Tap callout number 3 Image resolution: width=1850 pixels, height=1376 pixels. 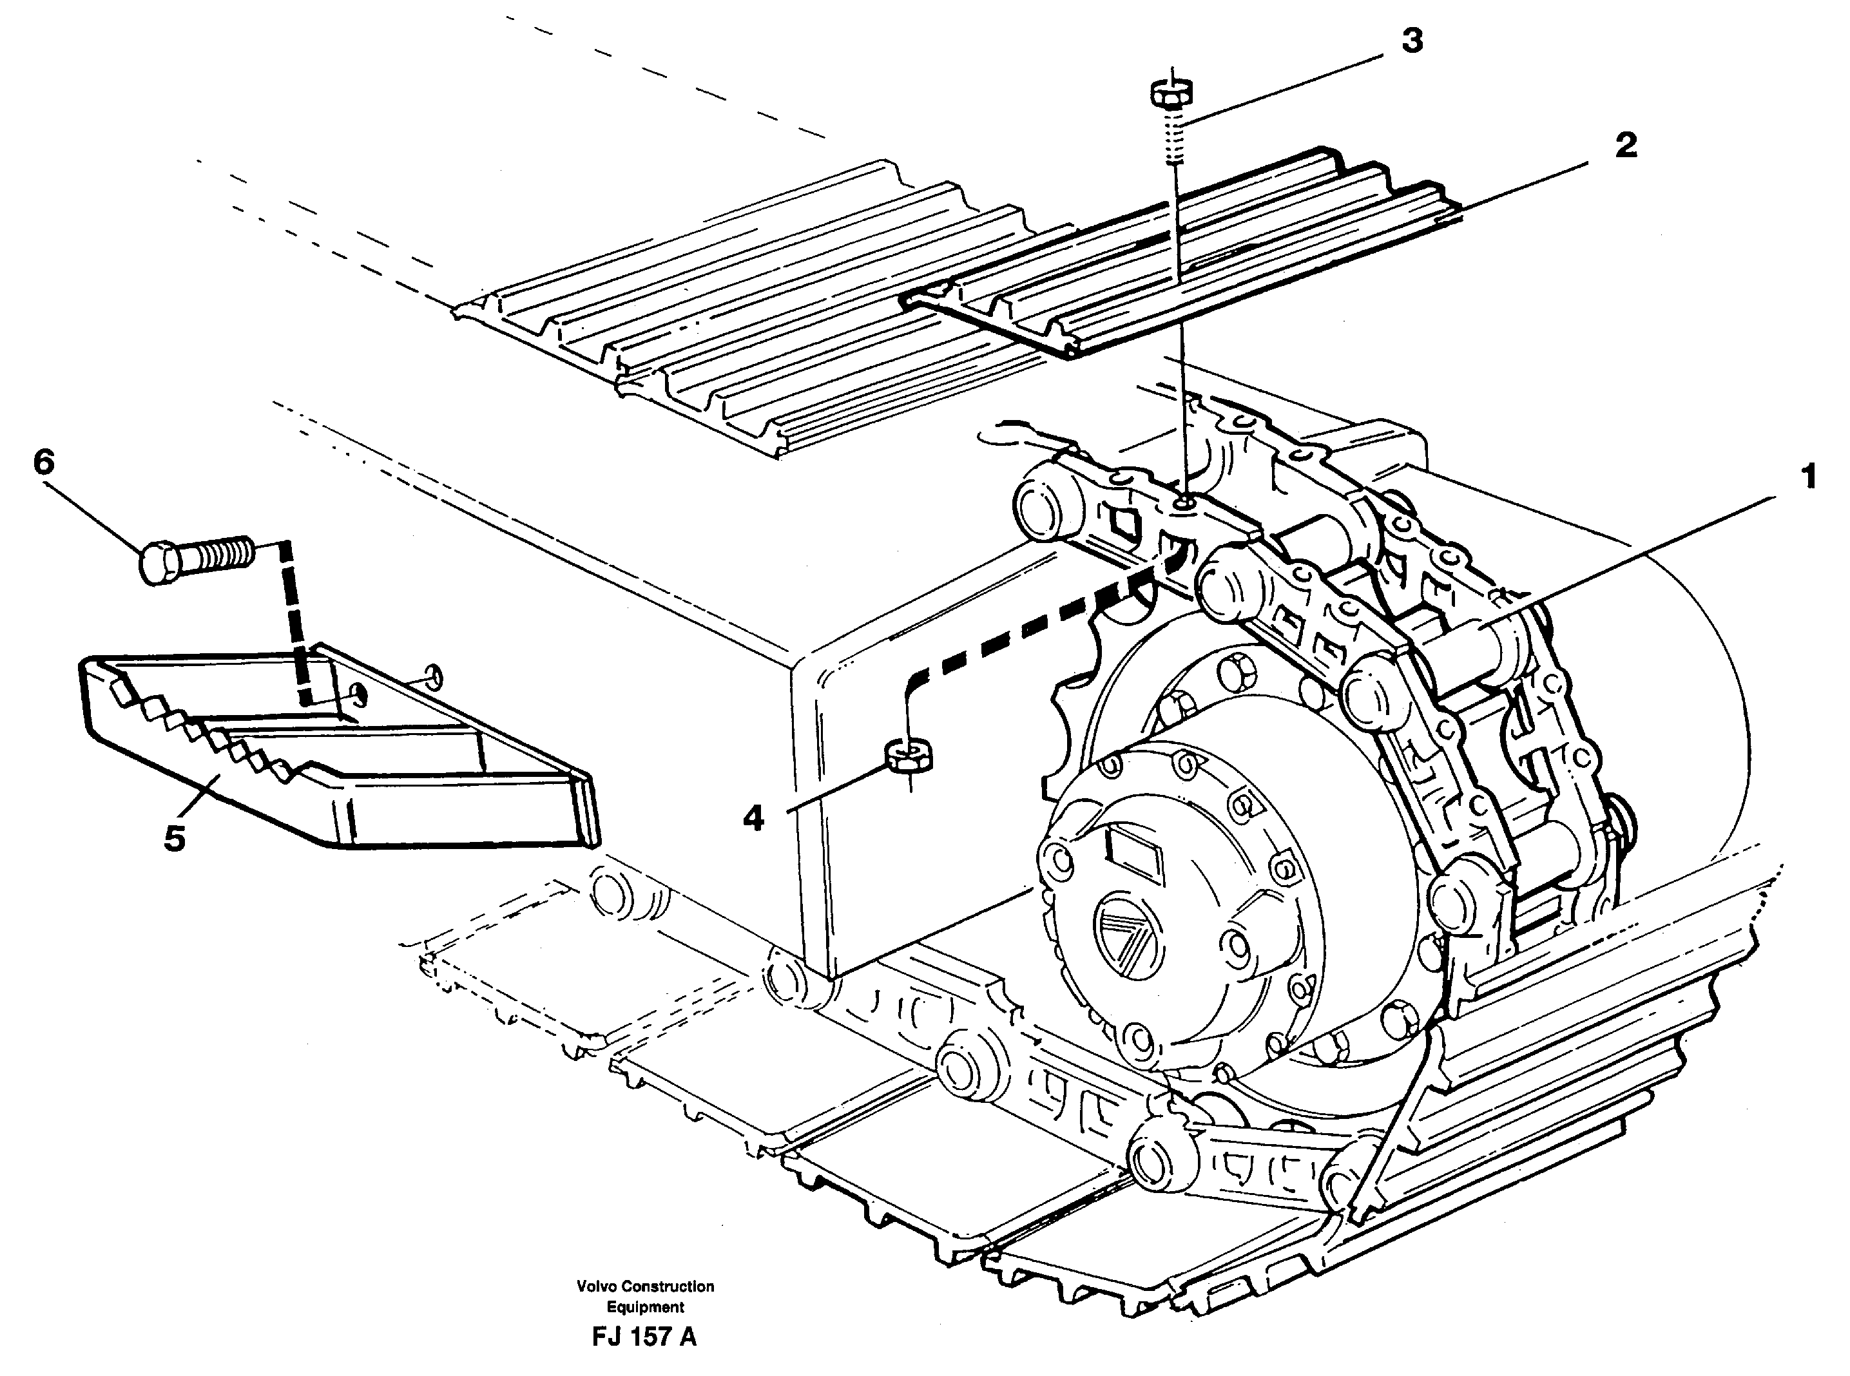[1411, 41]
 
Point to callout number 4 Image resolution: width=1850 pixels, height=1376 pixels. [753, 819]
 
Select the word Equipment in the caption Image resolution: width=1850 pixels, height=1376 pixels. [645, 1307]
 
